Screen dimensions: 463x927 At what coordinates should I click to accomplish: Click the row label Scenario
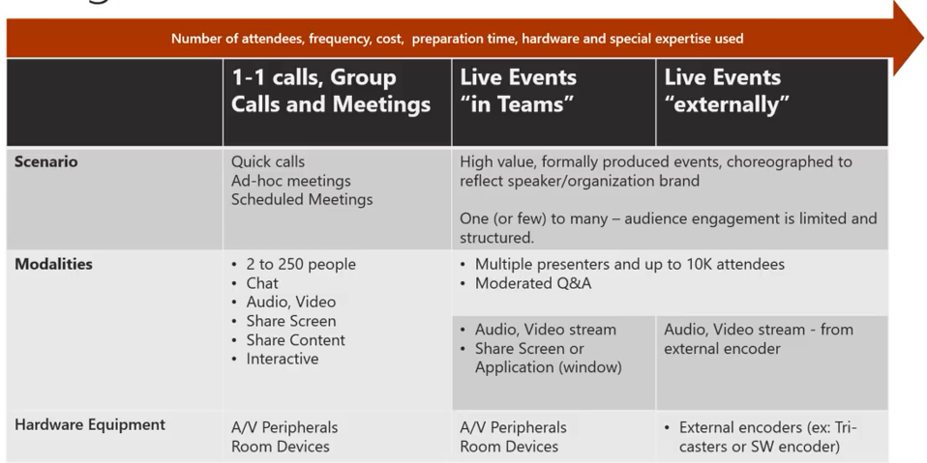click(x=46, y=162)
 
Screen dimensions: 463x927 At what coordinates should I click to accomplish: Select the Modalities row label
click(x=53, y=265)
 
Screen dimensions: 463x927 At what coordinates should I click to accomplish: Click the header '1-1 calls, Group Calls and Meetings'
click(x=330, y=91)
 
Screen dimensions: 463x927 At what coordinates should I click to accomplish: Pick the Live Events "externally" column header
click(x=727, y=91)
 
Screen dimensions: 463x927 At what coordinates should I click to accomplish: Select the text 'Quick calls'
click(x=268, y=162)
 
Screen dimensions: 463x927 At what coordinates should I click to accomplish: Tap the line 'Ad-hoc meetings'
click(x=290, y=181)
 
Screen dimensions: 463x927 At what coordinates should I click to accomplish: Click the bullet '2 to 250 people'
click(x=301, y=265)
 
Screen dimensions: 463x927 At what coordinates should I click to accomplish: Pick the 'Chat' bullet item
click(x=262, y=283)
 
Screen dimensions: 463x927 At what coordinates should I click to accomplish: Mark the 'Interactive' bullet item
click(x=283, y=359)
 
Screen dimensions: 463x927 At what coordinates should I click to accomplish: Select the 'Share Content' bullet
click(x=295, y=340)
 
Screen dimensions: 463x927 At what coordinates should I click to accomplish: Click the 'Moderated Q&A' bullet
click(x=533, y=283)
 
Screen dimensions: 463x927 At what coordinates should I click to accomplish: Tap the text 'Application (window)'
click(x=548, y=367)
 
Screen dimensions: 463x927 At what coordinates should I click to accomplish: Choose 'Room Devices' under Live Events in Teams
click(x=509, y=447)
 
